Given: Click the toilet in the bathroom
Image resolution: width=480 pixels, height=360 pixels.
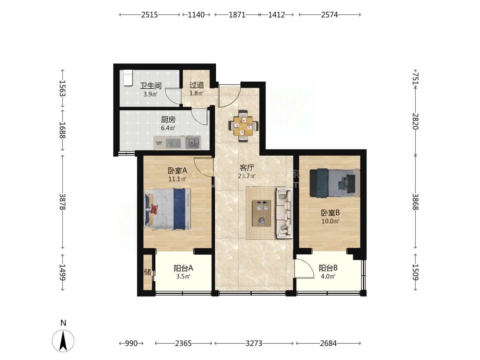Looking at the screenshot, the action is click(x=128, y=78).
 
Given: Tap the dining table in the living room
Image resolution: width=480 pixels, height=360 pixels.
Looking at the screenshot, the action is click(x=243, y=126).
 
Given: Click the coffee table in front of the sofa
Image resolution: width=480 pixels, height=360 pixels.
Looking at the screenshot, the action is click(x=262, y=213).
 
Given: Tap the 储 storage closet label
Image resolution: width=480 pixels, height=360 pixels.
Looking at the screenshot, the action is click(x=147, y=272).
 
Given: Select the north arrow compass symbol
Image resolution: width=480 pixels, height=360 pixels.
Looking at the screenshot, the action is click(x=63, y=341).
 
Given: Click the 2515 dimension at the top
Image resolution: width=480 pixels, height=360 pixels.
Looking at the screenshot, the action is click(x=149, y=15).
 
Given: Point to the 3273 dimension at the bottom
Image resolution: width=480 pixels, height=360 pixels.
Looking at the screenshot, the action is click(x=254, y=344).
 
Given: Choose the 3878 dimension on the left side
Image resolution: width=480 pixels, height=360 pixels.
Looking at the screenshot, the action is click(x=63, y=202).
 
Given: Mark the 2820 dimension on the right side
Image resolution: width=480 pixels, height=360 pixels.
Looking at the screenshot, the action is click(x=415, y=121).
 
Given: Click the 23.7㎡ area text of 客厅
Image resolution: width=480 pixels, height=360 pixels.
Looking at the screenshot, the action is click(x=247, y=176).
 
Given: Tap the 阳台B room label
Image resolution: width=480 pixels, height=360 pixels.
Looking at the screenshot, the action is click(x=328, y=268).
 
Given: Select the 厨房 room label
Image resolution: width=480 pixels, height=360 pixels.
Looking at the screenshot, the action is click(x=168, y=120).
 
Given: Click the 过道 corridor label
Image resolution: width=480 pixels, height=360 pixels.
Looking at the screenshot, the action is click(x=196, y=85).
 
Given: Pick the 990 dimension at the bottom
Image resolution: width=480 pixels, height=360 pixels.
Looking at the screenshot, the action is click(x=131, y=344).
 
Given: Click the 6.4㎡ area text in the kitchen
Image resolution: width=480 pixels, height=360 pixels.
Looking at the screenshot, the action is click(x=168, y=128).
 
